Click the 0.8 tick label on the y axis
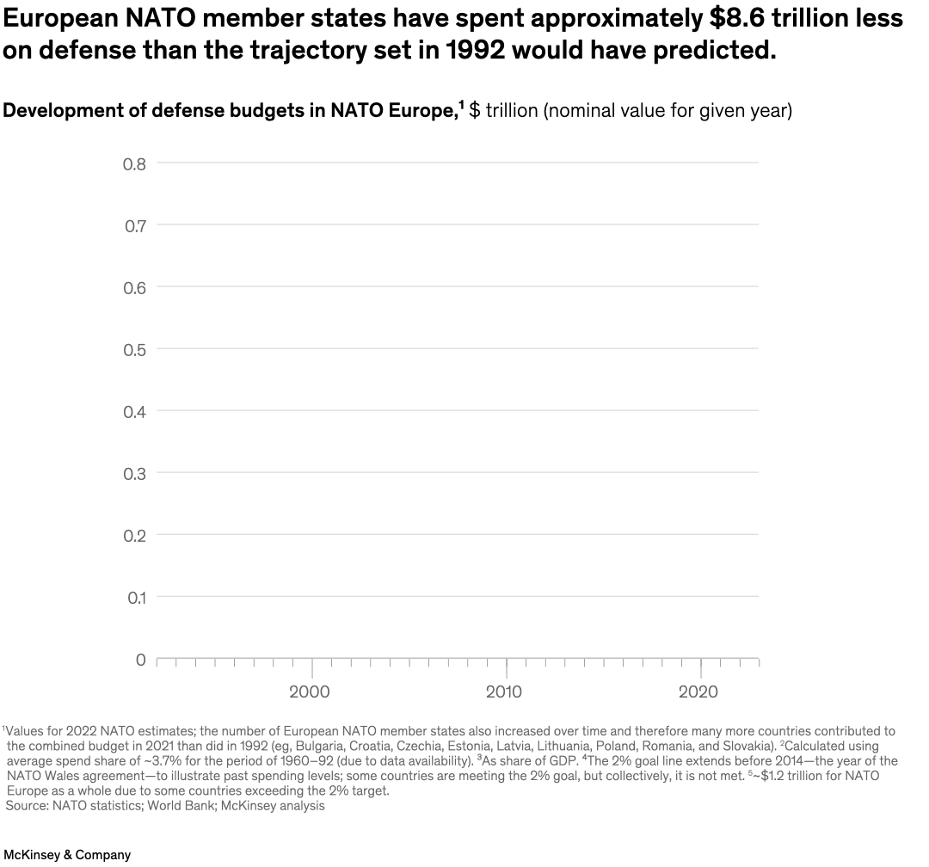pos(134,163)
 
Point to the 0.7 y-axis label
pos(134,225)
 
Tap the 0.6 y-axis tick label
pos(134,287)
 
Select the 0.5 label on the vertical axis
pos(134,349)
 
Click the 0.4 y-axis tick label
pos(134,411)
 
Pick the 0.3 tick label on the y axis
pos(134,473)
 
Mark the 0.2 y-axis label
pos(134,535)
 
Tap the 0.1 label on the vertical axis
pos(134,597)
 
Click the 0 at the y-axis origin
pos(140,660)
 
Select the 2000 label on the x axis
pos(310,692)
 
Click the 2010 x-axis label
pos(504,692)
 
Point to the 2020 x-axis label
pos(698,692)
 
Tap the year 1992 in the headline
pos(478,50)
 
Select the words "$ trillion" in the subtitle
pos(503,111)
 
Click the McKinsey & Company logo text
pos(66,855)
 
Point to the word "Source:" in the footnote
pos(27,806)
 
